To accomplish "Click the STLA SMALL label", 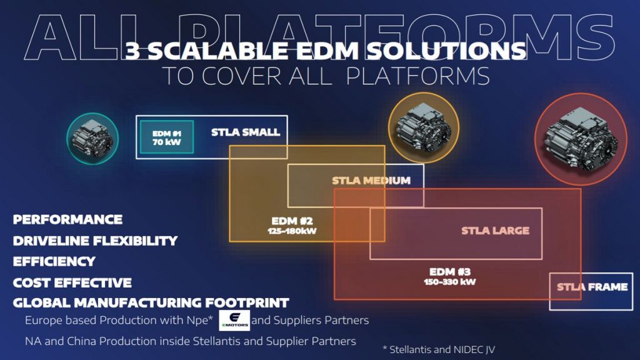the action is [x=246, y=132].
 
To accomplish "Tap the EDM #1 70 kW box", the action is [x=166, y=137].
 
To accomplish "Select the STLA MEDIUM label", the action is [x=371, y=181].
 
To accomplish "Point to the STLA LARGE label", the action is [x=495, y=231].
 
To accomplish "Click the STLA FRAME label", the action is [x=592, y=287].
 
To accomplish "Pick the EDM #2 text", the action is [x=292, y=221].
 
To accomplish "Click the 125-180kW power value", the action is [x=292, y=231].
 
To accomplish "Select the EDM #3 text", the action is [x=450, y=272].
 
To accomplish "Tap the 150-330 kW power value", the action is [x=450, y=282].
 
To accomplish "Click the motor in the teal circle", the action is [x=92, y=139].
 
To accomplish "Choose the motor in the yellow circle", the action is [x=424, y=127].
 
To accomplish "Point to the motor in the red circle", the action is [x=581, y=139].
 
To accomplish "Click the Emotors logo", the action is [x=234, y=320].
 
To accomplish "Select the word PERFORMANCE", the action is [x=67, y=219].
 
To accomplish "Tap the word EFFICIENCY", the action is [x=54, y=261].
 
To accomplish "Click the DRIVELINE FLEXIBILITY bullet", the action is [x=95, y=241].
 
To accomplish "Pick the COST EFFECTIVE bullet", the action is [x=72, y=282].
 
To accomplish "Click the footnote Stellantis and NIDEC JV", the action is [x=439, y=350].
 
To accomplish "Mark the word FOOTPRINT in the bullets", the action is [x=247, y=303].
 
